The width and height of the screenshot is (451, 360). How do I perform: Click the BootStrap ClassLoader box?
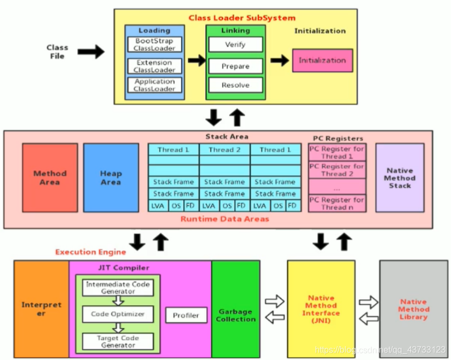[x=154, y=44]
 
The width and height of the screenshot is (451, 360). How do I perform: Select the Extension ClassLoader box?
[x=154, y=66]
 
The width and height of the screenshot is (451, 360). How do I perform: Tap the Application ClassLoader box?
[x=154, y=85]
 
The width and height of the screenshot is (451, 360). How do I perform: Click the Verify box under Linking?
[x=235, y=44]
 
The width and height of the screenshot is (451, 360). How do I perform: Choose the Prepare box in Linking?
[x=235, y=66]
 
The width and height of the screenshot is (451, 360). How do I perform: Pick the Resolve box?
[x=235, y=85]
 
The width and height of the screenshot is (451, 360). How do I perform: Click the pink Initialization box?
[x=322, y=61]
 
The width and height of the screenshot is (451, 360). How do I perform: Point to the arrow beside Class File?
[x=91, y=52]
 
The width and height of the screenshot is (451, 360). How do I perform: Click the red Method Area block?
[x=50, y=177]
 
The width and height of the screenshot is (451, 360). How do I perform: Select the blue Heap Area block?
[x=111, y=177]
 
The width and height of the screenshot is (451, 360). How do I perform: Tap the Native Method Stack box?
[x=400, y=177]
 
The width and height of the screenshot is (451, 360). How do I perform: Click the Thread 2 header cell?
[x=224, y=150]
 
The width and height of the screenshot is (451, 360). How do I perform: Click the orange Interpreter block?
[x=41, y=309]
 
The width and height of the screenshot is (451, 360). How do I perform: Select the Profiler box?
[x=185, y=315]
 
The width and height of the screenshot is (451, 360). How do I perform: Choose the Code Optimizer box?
[x=117, y=314]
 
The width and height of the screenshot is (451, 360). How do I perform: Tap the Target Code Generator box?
[x=117, y=341]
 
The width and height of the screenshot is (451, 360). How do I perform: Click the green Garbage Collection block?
[x=236, y=314]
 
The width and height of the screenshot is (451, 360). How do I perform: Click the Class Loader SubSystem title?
[x=242, y=18]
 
